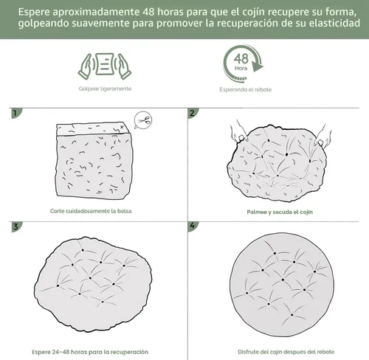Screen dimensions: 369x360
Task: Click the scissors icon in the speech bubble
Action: tap(143, 120)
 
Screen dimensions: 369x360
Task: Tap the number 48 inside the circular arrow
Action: tap(241, 59)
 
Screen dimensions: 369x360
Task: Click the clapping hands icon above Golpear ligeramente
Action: tap(105, 66)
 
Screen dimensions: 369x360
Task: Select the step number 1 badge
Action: tap(16, 113)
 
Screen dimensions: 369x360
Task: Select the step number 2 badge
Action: tap(193, 113)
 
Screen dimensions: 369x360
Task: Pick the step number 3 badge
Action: tap(16, 226)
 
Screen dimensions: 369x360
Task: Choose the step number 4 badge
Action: tap(193, 226)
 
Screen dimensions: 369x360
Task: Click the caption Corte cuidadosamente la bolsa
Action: tap(91, 211)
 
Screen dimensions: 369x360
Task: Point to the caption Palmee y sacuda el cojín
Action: tap(280, 212)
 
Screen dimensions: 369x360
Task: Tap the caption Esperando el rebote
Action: tap(246, 89)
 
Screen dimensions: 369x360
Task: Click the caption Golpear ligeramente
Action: tap(105, 89)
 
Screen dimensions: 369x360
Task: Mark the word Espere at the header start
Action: tap(33, 13)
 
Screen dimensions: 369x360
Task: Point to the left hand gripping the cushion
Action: tap(238, 132)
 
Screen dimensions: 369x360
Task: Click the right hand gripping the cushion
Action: tap(323, 136)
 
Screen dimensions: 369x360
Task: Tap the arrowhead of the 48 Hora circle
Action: tap(258, 67)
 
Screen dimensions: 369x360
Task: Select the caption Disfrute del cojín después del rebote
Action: tap(286, 352)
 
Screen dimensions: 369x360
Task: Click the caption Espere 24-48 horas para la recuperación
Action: tap(90, 352)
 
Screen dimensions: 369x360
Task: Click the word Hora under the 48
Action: tap(241, 68)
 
